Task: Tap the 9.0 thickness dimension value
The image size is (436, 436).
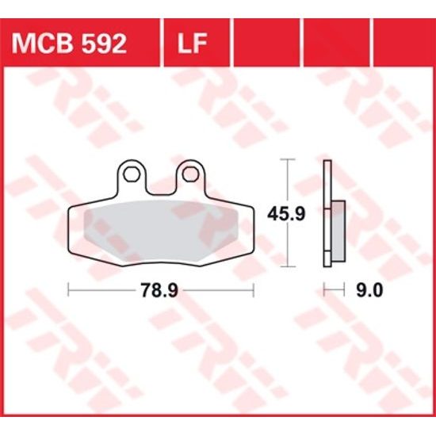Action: click(369, 290)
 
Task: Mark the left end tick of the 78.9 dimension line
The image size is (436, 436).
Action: click(69, 290)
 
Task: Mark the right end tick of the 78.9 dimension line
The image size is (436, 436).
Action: click(254, 290)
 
